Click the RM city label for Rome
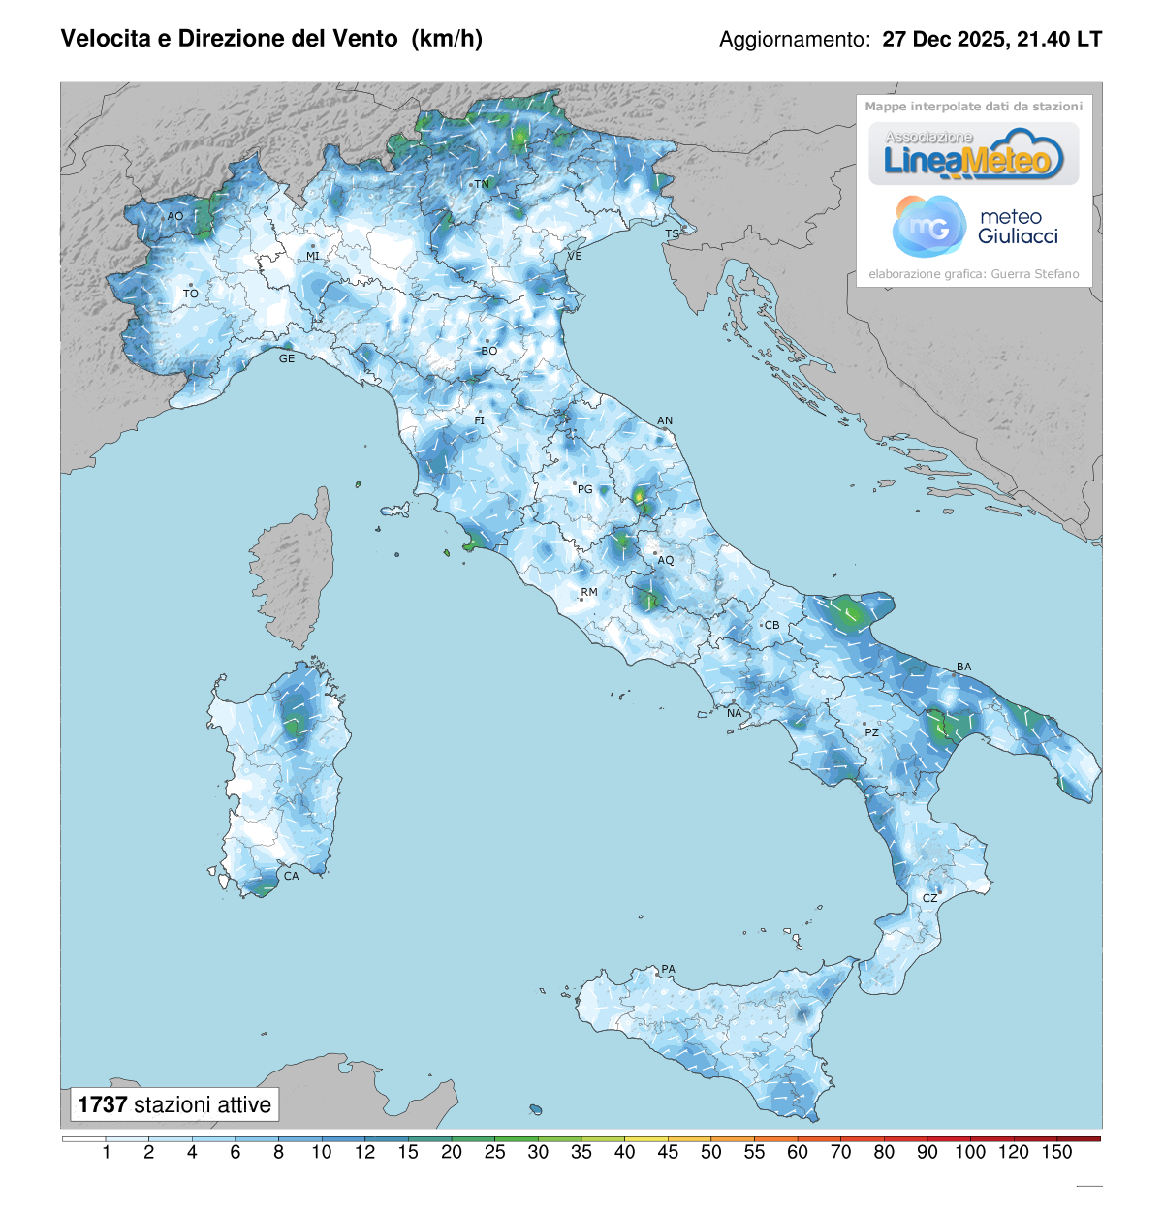(589, 592)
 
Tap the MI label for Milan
(313, 256)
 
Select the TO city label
(191, 294)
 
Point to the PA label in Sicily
(669, 969)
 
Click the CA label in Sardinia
(292, 876)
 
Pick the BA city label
(964, 667)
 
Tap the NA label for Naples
(735, 713)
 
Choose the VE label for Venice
(575, 256)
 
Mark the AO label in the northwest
(175, 216)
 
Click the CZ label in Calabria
(930, 898)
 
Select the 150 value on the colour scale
(1057, 1152)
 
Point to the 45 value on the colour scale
(668, 1152)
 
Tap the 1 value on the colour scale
(106, 1152)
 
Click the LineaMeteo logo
(973, 155)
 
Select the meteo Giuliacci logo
(975, 227)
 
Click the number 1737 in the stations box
(103, 1104)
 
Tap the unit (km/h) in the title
(447, 38)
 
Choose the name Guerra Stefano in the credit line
(1035, 274)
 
